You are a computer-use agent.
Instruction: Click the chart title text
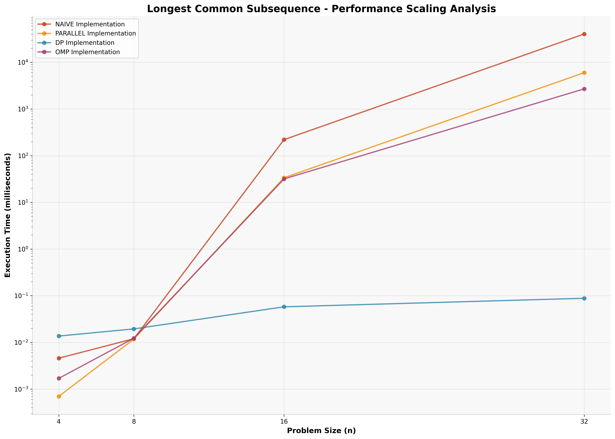321,9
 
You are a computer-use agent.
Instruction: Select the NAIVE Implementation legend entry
90,24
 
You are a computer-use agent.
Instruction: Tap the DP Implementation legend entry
85,43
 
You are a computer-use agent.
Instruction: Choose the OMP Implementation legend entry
87,52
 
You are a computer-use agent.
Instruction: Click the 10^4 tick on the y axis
23,62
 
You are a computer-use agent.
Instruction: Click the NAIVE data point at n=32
584,34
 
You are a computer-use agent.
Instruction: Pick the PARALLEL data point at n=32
584,73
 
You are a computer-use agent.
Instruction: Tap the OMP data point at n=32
584,89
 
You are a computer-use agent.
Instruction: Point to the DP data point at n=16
284,307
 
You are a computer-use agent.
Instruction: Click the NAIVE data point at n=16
284,140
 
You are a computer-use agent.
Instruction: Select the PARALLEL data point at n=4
59,396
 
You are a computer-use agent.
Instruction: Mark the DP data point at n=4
59,336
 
